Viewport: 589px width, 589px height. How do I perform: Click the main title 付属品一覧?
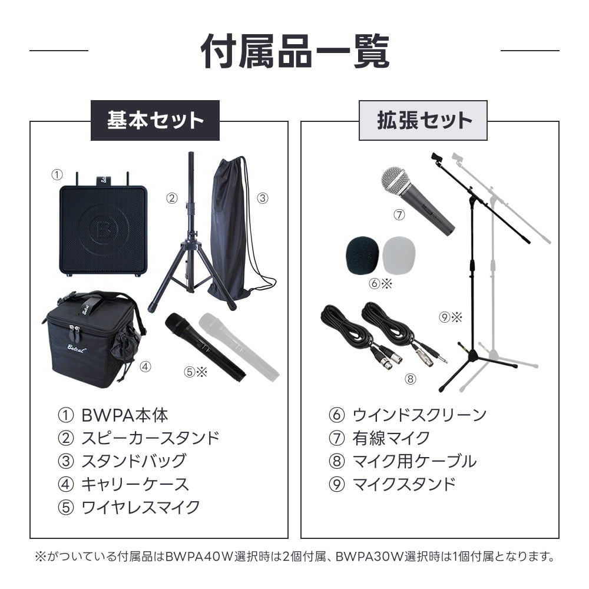click(x=294, y=52)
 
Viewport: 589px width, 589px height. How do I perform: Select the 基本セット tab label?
click(x=154, y=121)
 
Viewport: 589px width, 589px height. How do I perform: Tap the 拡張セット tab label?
click(x=423, y=121)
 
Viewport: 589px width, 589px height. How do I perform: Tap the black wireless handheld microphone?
click(x=203, y=348)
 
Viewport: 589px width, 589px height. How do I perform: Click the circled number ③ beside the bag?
click(x=263, y=198)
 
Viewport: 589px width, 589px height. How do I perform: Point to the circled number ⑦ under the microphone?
click(x=399, y=215)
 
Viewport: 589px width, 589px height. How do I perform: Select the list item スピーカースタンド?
click(x=150, y=438)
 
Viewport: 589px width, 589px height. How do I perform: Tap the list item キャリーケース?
click(x=134, y=484)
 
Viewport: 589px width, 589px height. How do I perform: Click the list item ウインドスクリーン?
click(x=419, y=415)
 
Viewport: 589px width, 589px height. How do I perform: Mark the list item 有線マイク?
click(x=391, y=438)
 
